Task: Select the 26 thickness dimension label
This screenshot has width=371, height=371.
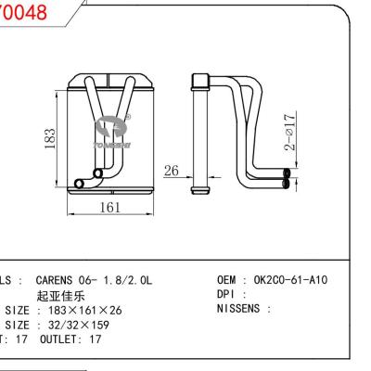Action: [170, 171]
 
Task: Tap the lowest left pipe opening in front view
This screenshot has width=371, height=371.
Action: [79, 184]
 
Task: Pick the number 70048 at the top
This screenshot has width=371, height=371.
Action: [22, 13]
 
